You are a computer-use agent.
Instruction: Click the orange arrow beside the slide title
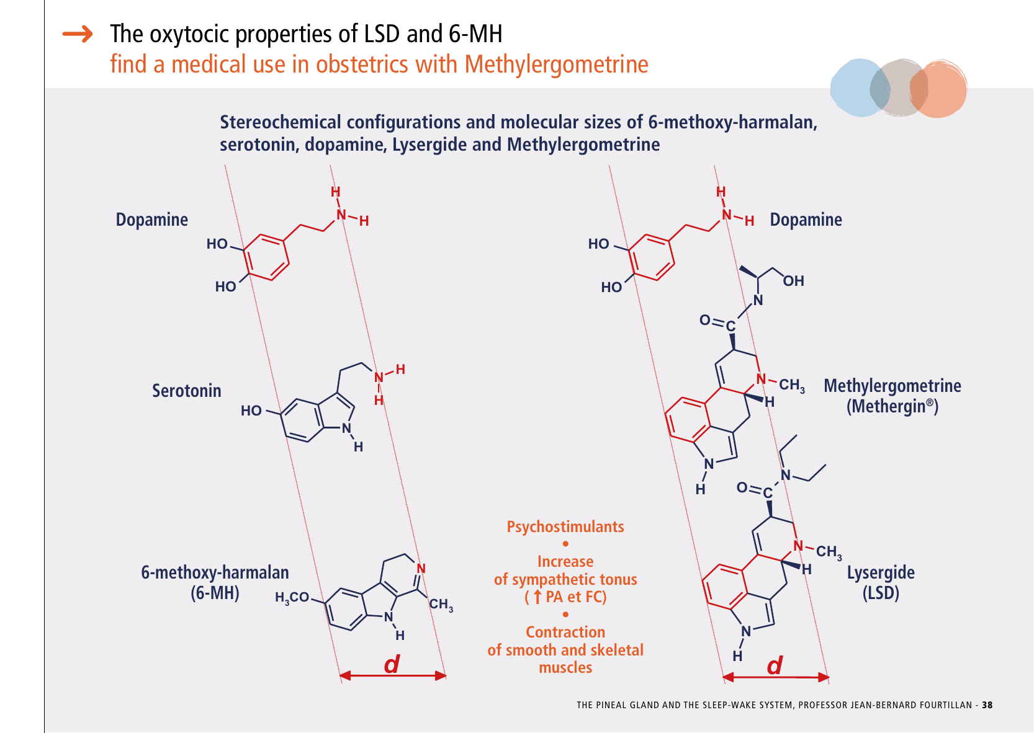[78, 34]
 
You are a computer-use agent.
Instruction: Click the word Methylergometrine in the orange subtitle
[556, 64]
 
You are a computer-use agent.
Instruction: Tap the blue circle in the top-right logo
[856, 87]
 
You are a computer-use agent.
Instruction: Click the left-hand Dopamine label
[151, 220]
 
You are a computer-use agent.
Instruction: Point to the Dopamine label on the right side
[806, 220]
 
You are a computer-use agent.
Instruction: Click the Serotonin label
[186, 391]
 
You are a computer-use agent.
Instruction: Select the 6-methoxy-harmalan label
[215, 572]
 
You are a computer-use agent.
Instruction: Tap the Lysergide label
[881, 572]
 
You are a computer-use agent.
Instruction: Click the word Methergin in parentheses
[888, 407]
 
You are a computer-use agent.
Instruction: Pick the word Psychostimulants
[565, 526]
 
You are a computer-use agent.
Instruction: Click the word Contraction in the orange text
[565, 632]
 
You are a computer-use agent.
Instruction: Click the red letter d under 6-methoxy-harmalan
[392, 665]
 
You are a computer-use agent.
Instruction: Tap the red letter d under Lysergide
[775, 666]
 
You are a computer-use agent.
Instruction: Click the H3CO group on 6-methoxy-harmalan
[292, 597]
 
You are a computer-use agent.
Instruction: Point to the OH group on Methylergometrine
[793, 281]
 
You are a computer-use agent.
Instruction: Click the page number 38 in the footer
[987, 705]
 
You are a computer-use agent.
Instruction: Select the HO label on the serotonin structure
[251, 411]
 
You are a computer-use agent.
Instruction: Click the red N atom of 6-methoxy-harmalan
[421, 569]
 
